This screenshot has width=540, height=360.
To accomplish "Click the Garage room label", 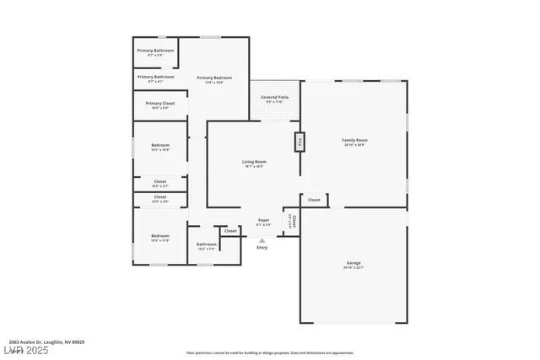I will point(354,263).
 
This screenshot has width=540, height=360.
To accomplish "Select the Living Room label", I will point(254,162).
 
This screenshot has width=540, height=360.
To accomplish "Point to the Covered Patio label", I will point(274,99).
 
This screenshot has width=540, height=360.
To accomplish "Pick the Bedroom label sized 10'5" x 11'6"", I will point(159,237).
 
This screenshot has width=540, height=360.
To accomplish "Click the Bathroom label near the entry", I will point(207,245).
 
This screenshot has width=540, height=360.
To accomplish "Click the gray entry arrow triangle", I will point(262,240).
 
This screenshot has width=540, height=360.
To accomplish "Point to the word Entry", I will point(262,247).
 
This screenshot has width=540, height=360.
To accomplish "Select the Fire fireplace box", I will point(299,142).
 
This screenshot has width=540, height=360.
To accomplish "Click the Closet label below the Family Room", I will point(314,200).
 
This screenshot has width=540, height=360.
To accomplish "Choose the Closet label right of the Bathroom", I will point(230,230).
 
